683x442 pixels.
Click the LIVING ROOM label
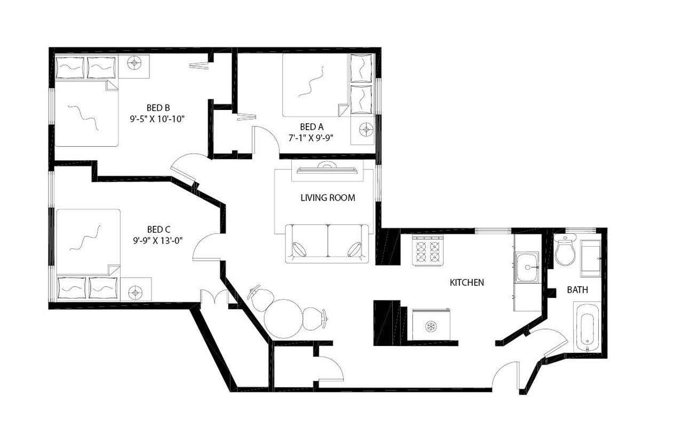click(328, 198)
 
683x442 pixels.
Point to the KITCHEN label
click(467, 282)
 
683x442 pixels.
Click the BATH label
click(577, 290)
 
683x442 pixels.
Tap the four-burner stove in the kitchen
click(429, 251)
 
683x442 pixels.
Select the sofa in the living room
click(327, 243)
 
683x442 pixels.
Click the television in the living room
click(328, 170)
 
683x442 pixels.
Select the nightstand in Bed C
click(136, 291)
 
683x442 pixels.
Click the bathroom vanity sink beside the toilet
click(590, 258)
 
